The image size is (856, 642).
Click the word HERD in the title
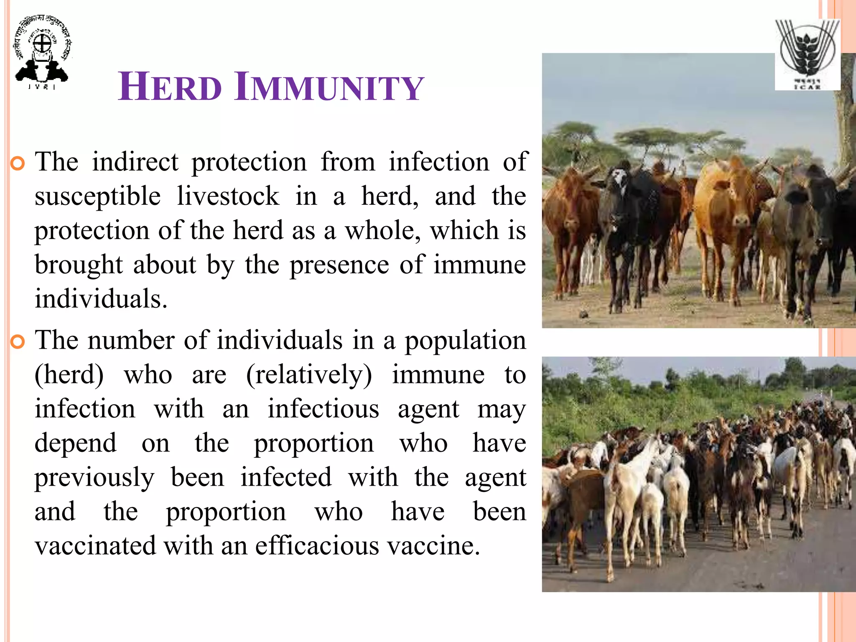point(169,87)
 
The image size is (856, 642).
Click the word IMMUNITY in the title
point(329,87)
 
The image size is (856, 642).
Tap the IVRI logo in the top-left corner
point(42,52)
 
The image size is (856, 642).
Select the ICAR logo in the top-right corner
point(808,54)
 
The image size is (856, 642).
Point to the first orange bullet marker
point(18,163)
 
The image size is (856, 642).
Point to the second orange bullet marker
point(18,342)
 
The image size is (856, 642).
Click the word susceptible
point(97,196)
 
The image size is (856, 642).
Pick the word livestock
point(228,196)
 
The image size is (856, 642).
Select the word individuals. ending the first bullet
point(101,299)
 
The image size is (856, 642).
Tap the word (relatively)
point(309,375)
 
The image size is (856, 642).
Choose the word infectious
point(323,409)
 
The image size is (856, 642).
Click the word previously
point(94,478)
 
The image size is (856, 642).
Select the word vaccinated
point(95,546)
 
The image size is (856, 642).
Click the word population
point(465,341)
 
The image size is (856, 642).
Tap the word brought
point(79,265)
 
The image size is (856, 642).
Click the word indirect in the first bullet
point(135,162)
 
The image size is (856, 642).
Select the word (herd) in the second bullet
point(69,375)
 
